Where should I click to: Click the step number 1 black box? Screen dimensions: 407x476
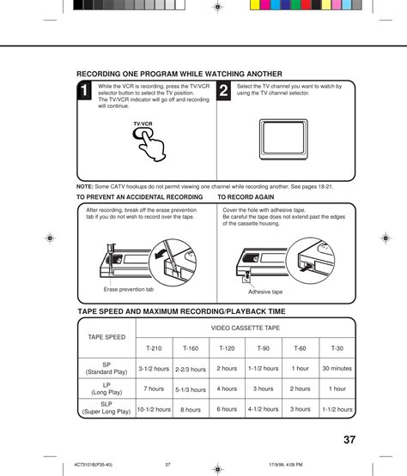tap(84, 90)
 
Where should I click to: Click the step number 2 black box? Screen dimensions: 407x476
tap(223, 90)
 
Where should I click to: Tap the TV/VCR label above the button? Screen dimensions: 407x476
tap(143, 124)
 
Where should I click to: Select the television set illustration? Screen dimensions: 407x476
tap(283, 139)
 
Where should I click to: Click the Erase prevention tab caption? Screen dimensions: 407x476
tap(129, 289)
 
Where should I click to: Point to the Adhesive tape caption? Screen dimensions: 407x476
tap(265, 292)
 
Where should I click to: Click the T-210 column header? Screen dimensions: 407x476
tap(154, 348)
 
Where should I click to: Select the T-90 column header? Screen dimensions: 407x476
tap(264, 348)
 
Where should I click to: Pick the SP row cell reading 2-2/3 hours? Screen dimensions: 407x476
tap(191, 369)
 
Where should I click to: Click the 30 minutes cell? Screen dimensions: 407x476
tap(337, 368)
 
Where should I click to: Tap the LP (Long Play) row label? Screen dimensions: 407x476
tap(106, 389)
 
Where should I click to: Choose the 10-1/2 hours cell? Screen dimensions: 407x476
tap(154, 409)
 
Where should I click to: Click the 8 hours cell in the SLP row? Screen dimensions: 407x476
tap(191, 409)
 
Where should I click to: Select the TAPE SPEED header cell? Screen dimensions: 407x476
tap(106, 337)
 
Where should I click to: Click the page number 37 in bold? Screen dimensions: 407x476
tap(349, 440)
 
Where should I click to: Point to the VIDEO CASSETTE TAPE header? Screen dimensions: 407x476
tap(246, 328)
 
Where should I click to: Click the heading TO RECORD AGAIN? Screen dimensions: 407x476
tap(246, 197)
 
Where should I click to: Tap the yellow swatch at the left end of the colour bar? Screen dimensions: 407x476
tap(255, 5)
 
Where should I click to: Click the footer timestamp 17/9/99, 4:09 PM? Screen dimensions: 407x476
tap(286, 465)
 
